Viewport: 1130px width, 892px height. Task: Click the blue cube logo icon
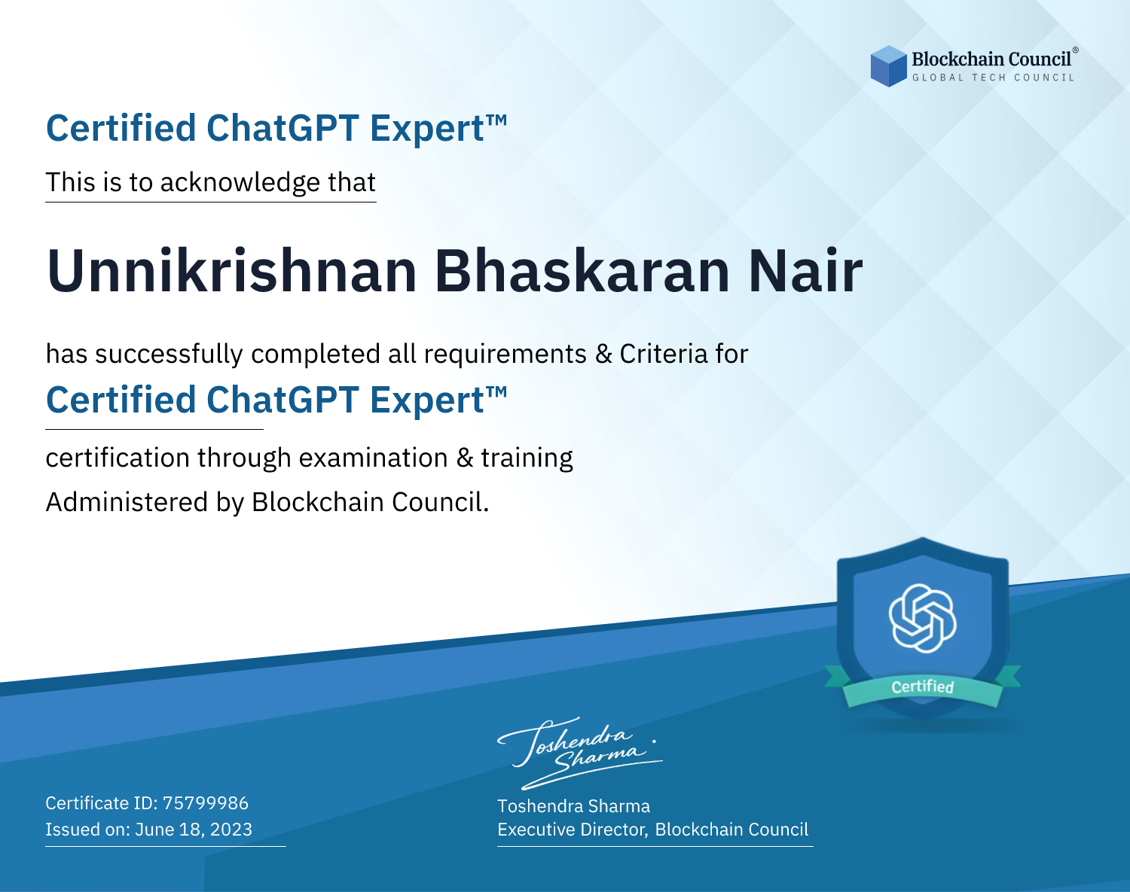tap(888, 66)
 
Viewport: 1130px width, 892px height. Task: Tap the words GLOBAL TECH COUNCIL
tap(994, 78)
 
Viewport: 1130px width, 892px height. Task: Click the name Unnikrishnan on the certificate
tap(231, 271)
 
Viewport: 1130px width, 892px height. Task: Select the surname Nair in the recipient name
tap(805, 271)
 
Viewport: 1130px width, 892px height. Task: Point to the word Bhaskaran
tap(582, 271)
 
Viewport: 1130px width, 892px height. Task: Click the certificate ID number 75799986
tap(206, 802)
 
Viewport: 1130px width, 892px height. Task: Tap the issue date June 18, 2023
tap(194, 829)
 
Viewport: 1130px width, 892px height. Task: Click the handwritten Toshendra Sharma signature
tap(580, 753)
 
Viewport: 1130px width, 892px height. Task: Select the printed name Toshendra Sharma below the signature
tap(573, 805)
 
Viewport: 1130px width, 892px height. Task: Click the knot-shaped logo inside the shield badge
tap(923, 618)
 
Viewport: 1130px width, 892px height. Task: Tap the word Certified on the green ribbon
tap(923, 687)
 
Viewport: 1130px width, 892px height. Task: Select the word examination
tap(373, 458)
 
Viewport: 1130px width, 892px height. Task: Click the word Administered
tap(127, 501)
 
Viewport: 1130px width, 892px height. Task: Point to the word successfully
tap(169, 354)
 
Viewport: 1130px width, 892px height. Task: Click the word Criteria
tap(663, 354)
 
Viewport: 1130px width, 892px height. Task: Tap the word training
tap(527, 458)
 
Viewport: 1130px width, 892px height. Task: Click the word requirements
tap(505, 355)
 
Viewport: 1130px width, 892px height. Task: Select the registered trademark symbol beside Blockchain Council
tap(1076, 50)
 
